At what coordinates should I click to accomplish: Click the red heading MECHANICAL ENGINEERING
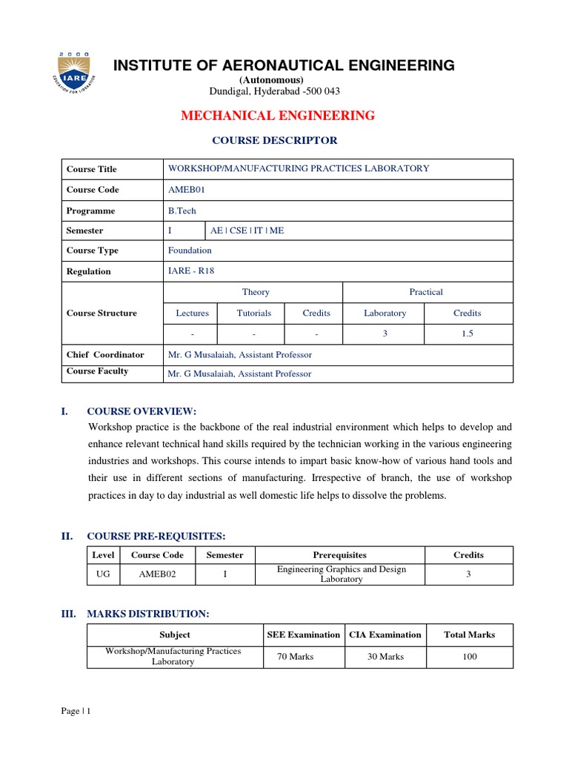(x=278, y=115)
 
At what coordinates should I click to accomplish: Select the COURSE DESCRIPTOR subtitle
(x=275, y=140)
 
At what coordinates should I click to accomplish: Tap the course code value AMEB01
(x=186, y=190)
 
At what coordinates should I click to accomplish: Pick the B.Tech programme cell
(x=182, y=211)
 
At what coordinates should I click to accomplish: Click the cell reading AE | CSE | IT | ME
(x=247, y=231)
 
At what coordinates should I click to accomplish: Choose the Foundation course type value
(x=190, y=251)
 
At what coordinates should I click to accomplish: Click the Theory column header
(x=256, y=292)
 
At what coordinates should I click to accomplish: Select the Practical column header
(x=426, y=292)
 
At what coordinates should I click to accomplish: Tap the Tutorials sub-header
(x=253, y=313)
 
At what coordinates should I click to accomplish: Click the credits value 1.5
(x=467, y=334)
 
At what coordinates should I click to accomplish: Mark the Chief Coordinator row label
(x=105, y=354)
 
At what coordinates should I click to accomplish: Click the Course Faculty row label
(x=97, y=371)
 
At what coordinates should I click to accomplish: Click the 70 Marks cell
(x=295, y=657)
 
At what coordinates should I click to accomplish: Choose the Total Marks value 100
(x=469, y=657)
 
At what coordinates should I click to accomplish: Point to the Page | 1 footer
(x=76, y=712)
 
